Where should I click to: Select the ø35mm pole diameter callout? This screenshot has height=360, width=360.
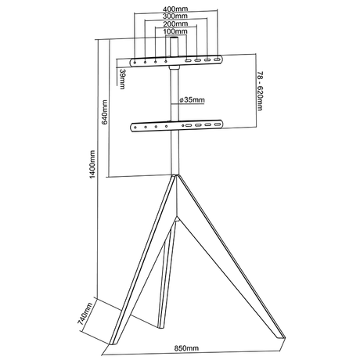(x=191, y=100)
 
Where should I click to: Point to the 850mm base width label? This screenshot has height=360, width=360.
(x=186, y=347)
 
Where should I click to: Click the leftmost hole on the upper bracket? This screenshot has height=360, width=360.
(x=135, y=60)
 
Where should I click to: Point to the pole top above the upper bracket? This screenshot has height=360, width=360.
(x=173, y=45)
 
